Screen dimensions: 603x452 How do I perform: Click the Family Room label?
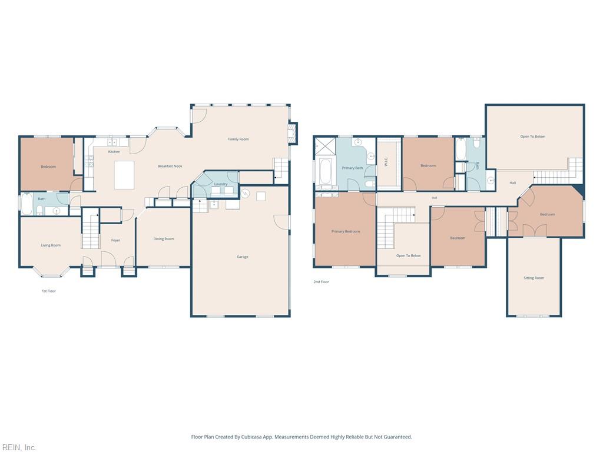tap(238, 139)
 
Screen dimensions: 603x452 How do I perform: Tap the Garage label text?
tap(242, 257)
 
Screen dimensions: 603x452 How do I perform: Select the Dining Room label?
tap(164, 239)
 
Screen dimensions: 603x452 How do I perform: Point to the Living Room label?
tap(51, 245)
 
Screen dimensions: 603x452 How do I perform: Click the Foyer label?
tap(116, 240)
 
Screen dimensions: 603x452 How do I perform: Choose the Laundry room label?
tap(221, 184)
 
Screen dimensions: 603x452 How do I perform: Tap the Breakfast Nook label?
tap(170, 166)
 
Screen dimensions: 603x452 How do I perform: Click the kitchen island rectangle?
tap(124, 175)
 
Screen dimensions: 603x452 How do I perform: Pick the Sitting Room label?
tap(534, 278)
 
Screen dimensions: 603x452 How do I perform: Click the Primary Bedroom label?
tap(346, 231)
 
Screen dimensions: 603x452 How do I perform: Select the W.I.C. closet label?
tap(386, 162)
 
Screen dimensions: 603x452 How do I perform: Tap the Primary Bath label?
tap(352, 168)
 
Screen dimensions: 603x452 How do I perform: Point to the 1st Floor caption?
tap(49, 291)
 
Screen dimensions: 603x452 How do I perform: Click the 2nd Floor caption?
tap(321, 282)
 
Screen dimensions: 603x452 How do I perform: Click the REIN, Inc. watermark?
tap(18, 447)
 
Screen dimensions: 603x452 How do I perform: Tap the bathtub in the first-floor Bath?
tap(27, 204)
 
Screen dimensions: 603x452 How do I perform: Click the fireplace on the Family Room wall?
tap(293, 133)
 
